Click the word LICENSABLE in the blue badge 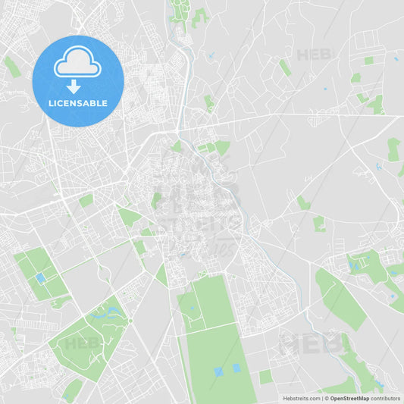(78, 102)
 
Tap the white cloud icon (78, 64)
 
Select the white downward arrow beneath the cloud (74, 86)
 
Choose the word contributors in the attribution (385, 397)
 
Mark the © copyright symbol (327, 397)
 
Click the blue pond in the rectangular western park (40, 279)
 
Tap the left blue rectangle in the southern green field (219, 371)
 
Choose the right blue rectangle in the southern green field (236, 368)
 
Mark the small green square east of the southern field (265, 377)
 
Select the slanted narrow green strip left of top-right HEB (285, 67)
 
